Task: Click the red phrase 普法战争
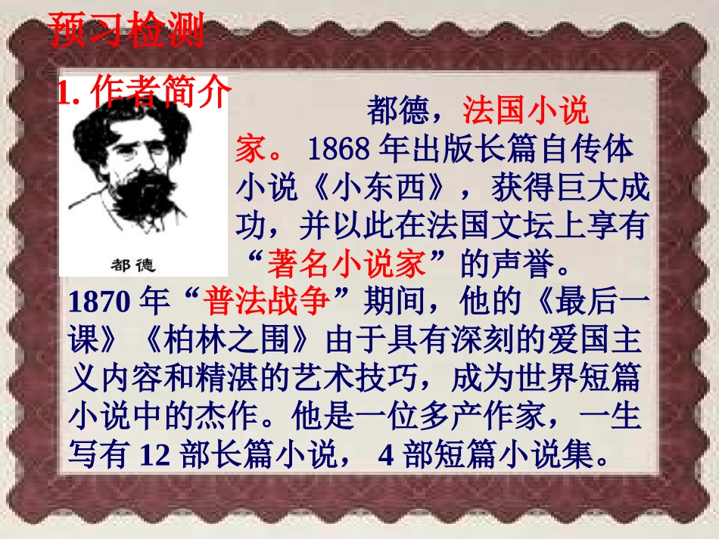click(266, 302)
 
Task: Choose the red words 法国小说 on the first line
click(526, 111)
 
